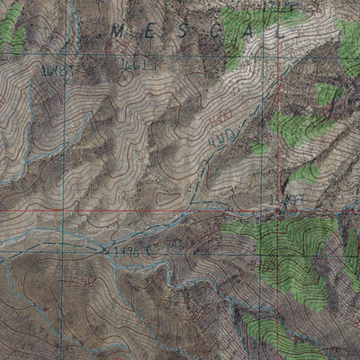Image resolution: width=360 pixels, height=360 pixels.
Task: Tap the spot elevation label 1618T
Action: point(56,69)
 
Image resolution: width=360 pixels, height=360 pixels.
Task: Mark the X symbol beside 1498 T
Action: point(106,250)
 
